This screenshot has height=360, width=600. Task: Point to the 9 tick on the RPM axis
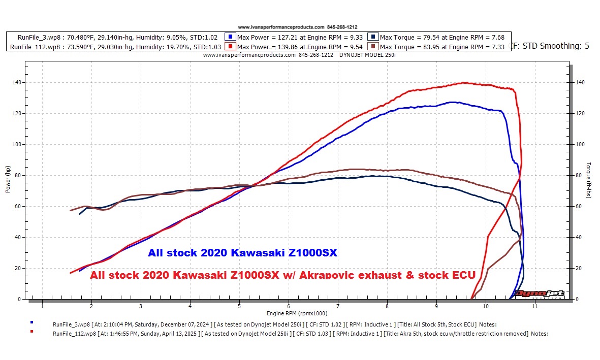coord(436,306)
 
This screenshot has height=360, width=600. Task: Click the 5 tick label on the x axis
coord(239,306)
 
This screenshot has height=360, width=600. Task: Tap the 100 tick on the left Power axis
coord(17,144)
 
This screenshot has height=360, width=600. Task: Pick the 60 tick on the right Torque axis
coord(580,206)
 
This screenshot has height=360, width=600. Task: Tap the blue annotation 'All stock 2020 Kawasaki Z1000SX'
coord(242,253)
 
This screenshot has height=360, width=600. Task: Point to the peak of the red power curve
coord(463,82)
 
